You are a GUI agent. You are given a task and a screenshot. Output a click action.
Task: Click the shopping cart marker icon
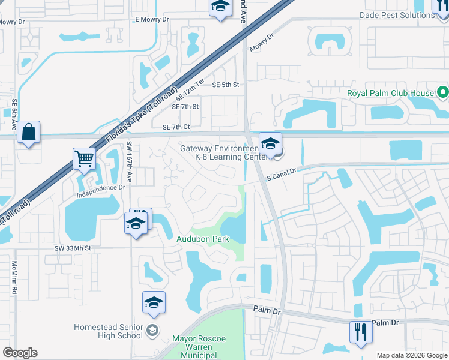85,160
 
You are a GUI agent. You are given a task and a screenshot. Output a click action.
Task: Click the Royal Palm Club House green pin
442,93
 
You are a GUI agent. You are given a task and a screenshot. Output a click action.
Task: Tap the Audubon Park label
202,239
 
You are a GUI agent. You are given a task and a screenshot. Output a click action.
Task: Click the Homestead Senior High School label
108,331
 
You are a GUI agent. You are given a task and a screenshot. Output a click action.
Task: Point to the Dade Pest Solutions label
397,15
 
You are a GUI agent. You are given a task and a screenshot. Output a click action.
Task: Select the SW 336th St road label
72,248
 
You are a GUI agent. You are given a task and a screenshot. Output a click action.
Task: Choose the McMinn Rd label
14,275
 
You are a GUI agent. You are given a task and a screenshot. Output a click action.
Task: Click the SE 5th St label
226,85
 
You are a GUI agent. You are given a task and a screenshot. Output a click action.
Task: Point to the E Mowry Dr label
152,20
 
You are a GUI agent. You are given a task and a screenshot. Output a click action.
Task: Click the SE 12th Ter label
191,89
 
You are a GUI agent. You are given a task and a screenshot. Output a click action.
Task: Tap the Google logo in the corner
20,353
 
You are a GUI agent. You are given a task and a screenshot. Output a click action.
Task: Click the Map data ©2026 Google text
412,355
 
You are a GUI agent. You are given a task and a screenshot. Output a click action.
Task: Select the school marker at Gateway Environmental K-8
270,144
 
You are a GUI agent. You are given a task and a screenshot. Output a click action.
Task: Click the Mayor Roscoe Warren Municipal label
199,347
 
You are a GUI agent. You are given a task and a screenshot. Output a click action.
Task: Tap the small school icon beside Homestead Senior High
152,331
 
